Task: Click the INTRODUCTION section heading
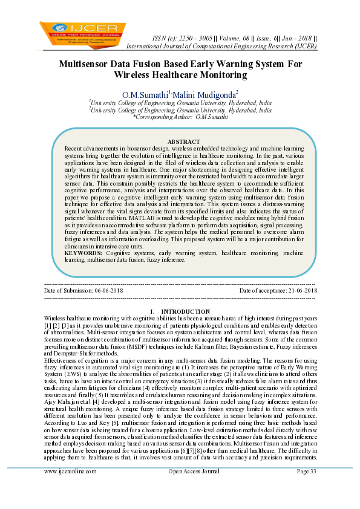186,311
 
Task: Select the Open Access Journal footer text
194,488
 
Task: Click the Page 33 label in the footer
307,488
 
